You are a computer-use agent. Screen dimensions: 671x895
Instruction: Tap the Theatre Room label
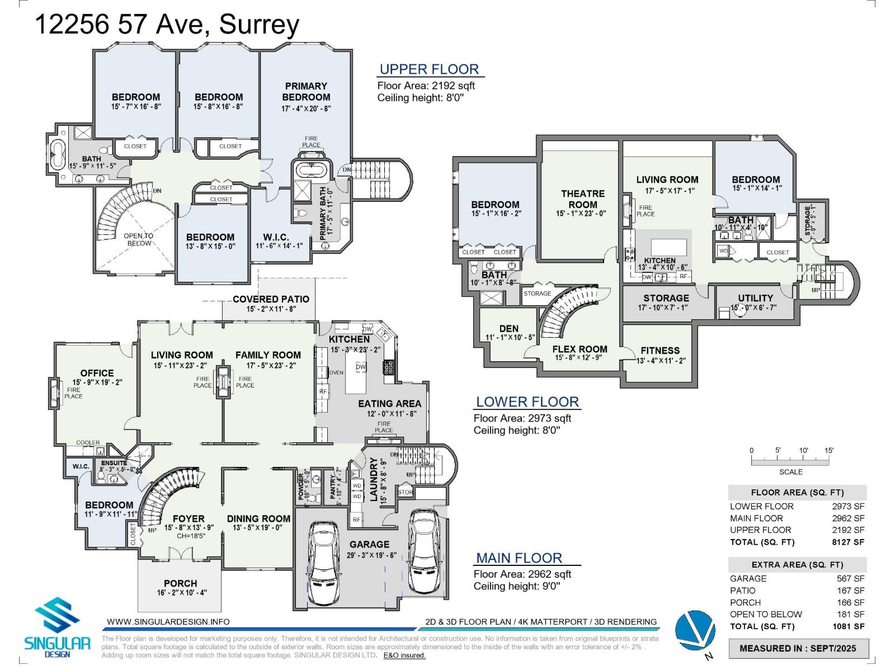coord(582,199)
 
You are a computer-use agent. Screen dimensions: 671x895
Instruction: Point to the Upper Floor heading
coord(429,69)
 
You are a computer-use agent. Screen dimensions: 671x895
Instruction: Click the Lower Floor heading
coord(527,402)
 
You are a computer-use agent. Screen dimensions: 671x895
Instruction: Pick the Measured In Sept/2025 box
coord(798,649)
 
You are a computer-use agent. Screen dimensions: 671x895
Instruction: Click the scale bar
coord(790,462)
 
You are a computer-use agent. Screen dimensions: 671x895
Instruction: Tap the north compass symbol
coord(695,630)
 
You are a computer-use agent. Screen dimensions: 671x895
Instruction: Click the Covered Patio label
coord(271,299)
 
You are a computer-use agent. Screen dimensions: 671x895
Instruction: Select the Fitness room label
coord(660,351)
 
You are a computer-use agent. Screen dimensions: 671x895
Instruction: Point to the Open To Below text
coord(138,239)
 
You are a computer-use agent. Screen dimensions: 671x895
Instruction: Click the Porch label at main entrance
coord(180,583)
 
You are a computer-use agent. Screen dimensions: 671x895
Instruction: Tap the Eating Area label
coord(389,403)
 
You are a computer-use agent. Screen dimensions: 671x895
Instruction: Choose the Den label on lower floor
coord(508,328)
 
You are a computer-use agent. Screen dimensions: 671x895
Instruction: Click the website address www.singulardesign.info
coord(168,622)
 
